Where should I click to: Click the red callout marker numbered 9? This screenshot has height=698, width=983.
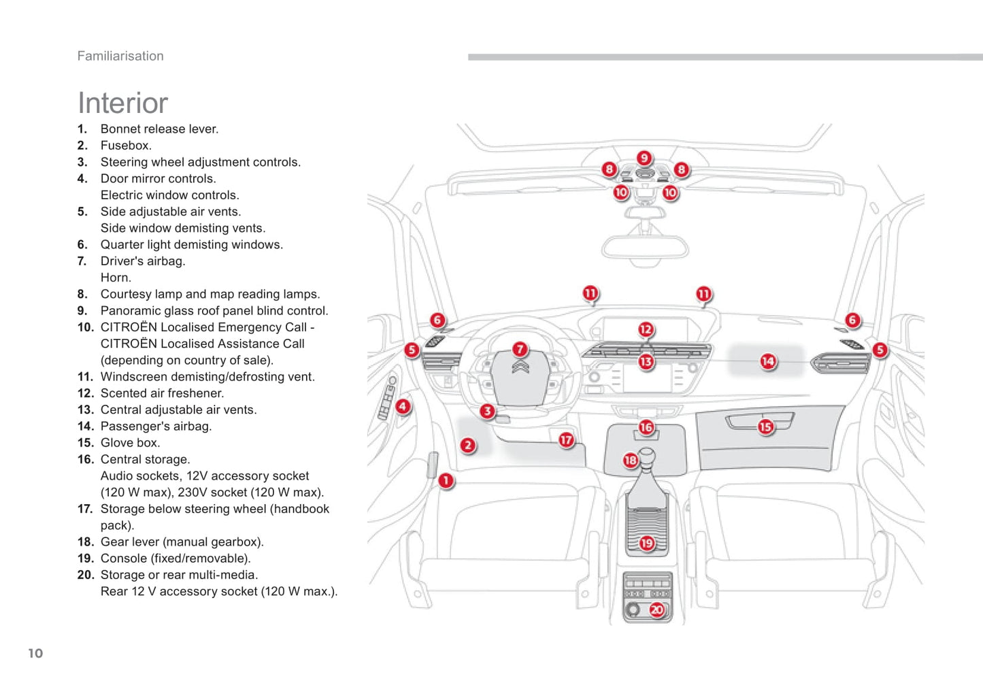point(644,159)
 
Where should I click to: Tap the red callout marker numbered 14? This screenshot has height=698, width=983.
point(767,361)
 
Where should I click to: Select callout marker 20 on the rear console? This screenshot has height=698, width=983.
point(656,610)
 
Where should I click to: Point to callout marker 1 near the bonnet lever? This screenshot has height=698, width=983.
point(446,481)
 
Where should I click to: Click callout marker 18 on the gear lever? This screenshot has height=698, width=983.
point(631,461)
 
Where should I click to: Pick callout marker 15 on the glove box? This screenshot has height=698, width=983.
point(765,427)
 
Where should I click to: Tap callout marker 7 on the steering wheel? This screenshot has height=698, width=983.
point(520,350)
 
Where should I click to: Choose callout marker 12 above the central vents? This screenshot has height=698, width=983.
point(645,330)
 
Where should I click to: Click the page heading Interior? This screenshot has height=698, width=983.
point(122,103)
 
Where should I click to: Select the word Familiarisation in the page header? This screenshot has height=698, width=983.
point(120,56)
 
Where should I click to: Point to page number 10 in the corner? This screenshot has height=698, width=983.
point(35,653)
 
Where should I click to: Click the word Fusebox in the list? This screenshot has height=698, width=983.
point(125,146)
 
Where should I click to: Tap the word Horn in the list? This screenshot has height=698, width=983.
point(115,278)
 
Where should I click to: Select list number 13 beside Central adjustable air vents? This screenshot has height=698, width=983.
point(85,410)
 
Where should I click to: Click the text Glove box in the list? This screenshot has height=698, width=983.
point(130,443)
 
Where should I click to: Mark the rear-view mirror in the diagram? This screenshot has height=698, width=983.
point(644,247)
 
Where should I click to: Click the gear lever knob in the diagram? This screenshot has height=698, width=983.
point(646,454)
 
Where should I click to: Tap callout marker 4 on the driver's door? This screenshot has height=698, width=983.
point(403,407)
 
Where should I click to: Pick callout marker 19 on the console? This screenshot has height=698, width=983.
point(646,543)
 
